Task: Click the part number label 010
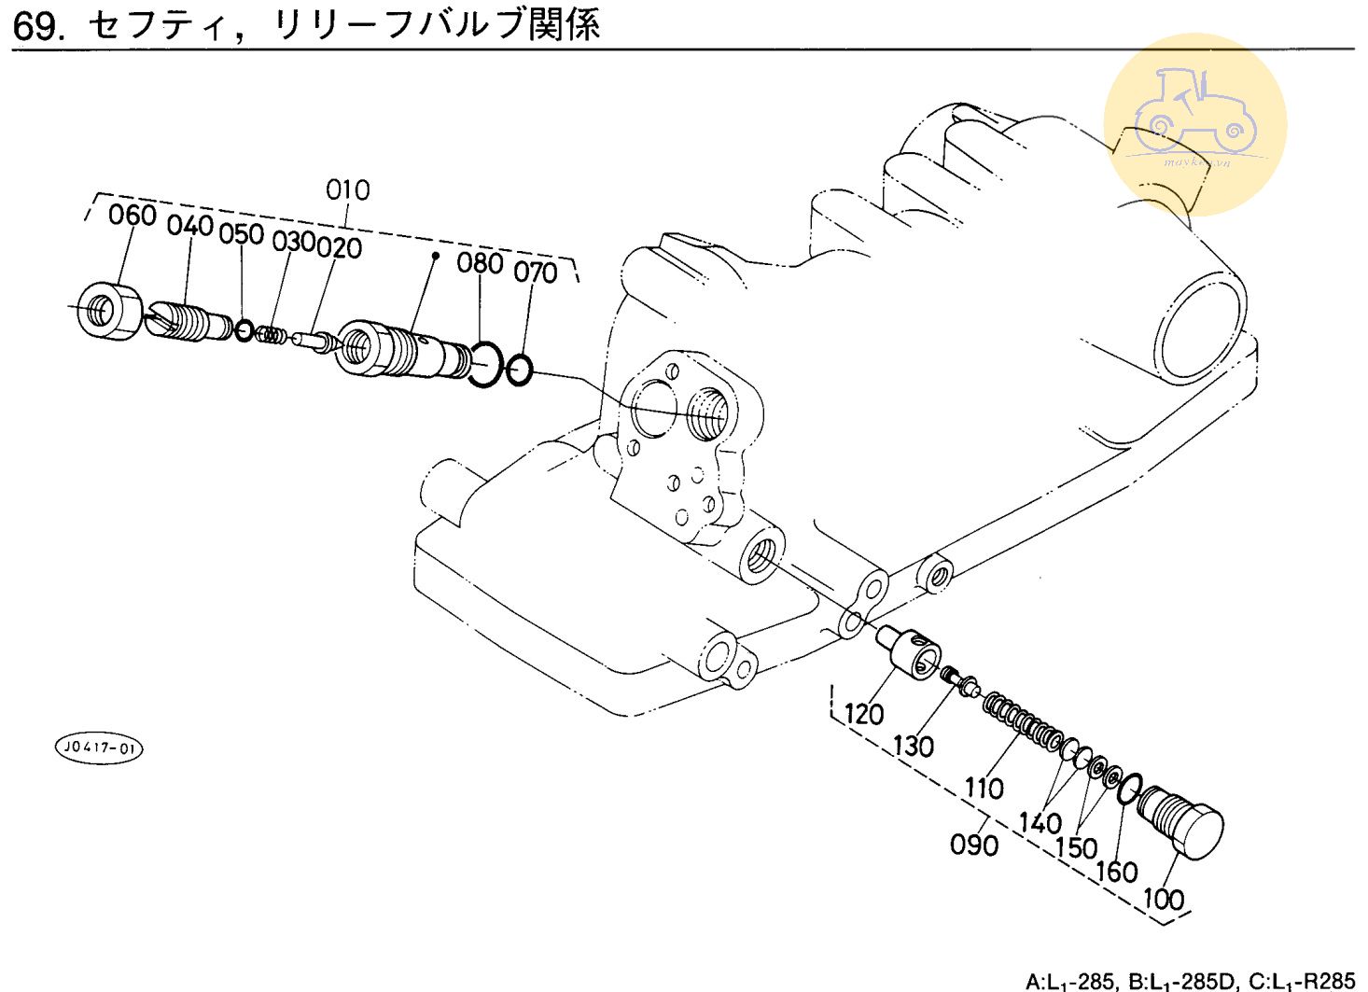347,190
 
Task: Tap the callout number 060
132,215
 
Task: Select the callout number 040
190,226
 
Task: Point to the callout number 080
480,263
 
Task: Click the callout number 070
535,272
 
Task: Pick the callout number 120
864,714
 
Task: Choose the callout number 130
914,747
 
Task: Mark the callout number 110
984,789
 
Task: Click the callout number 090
974,845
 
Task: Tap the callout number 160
1117,872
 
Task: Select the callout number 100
1164,900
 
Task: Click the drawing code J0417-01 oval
98,748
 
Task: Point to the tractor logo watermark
1195,125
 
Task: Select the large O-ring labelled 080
485,365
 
